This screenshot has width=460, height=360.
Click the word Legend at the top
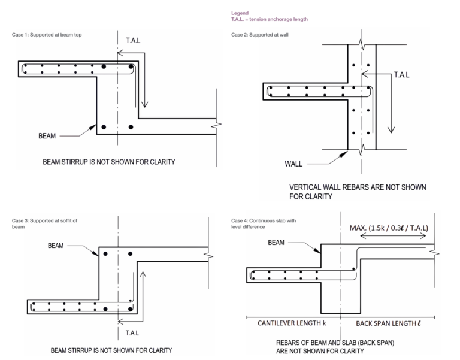240,12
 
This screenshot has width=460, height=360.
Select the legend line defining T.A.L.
270,19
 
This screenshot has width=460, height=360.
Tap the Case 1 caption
47,35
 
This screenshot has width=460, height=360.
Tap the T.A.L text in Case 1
134,41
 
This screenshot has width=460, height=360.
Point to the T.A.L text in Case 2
402,75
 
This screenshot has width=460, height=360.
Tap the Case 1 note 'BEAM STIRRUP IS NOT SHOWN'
108,162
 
